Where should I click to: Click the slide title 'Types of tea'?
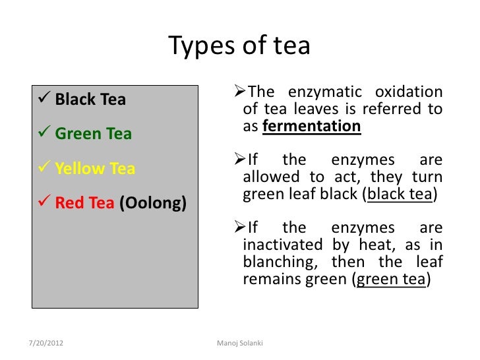(239, 46)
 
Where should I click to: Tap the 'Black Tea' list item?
(90, 100)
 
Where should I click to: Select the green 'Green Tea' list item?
(93, 134)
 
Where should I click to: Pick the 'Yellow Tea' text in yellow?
(95, 168)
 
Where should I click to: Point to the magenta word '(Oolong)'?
(153, 202)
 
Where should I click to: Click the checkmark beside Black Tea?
(45, 100)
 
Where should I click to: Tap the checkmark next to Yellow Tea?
(45, 168)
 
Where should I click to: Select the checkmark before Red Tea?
(45, 202)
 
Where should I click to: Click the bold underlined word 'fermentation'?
(311, 126)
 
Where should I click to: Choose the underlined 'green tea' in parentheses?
(391, 279)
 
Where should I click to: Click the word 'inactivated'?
(279, 245)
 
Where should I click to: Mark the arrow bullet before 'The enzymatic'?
(241, 91)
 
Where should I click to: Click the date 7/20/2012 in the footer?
(47, 344)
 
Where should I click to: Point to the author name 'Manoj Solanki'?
(239, 344)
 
